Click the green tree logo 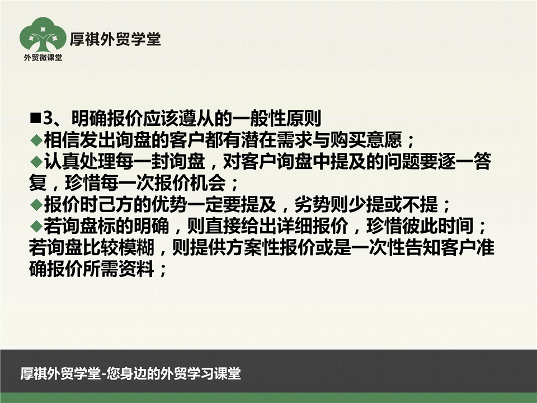pos(43,35)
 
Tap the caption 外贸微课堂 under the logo pos(43,58)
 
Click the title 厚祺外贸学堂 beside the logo pos(115,39)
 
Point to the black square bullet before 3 pos(36,118)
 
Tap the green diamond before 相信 pos(36,140)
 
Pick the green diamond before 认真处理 pos(36,161)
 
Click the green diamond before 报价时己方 pos(36,205)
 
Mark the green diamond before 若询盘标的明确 pos(36,226)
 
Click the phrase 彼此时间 pos(439,226)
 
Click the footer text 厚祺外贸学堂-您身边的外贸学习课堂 pos(130,373)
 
